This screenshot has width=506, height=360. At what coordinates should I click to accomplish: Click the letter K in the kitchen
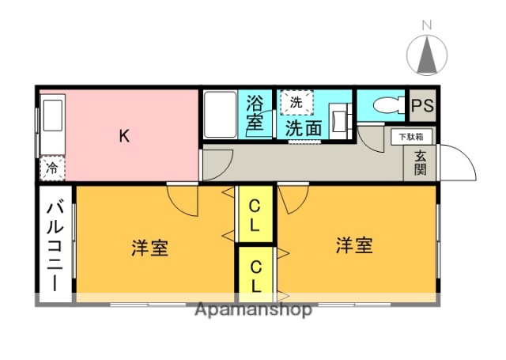click(x=124, y=136)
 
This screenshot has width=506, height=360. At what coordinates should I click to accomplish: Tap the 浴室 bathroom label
click(x=255, y=113)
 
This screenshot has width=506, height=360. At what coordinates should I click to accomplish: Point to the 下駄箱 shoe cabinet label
click(x=410, y=137)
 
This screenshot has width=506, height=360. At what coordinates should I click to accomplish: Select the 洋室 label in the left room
click(x=149, y=248)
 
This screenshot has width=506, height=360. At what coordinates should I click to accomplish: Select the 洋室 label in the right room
click(x=353, y=245)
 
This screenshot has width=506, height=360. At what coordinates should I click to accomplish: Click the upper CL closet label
click(x=255, y=214)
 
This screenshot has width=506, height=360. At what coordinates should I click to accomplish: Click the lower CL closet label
click(x=256, y=271)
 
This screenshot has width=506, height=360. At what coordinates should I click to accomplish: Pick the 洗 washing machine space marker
click(x=296, y=101)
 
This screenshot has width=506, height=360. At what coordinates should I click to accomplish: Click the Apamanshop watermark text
click(x=253, y=309)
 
